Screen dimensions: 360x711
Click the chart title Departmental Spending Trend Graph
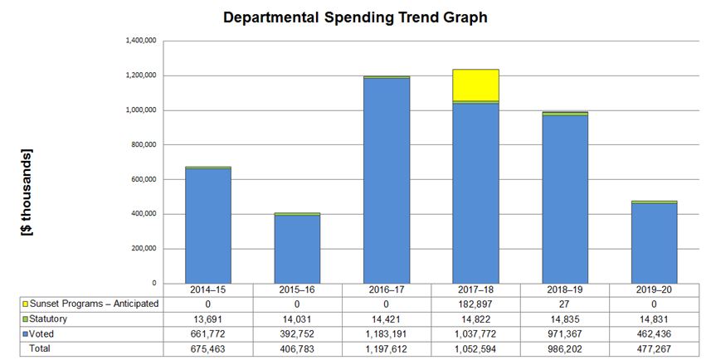355,17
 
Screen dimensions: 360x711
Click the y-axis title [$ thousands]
27,192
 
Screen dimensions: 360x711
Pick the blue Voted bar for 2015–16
297,249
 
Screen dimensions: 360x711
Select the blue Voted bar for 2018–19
565,199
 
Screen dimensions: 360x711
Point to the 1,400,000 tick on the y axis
140,41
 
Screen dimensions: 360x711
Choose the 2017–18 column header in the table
475,290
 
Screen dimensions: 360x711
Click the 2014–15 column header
208,290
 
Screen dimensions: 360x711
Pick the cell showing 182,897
475,304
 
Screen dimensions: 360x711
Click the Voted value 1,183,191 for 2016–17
387,333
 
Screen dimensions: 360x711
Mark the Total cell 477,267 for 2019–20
654,348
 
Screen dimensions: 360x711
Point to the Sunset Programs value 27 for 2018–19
565,304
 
